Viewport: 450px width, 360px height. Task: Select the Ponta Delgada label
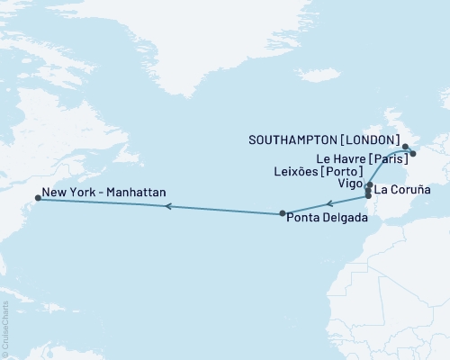coord(326,218)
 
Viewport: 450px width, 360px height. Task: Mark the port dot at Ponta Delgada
coord(283,213)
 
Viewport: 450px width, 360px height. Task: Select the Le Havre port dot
coord(413,154)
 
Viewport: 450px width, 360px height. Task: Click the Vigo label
coord(351,182)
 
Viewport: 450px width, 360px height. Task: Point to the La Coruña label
coord(402,190)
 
